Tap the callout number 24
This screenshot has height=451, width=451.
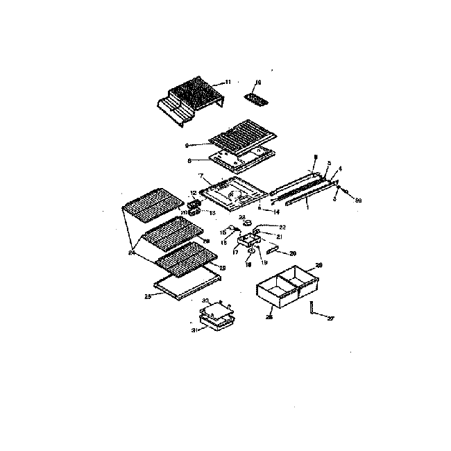(130, 253)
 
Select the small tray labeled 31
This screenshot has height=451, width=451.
(215, 322)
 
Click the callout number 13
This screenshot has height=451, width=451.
(203, 213)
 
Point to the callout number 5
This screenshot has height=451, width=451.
(329, 163)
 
